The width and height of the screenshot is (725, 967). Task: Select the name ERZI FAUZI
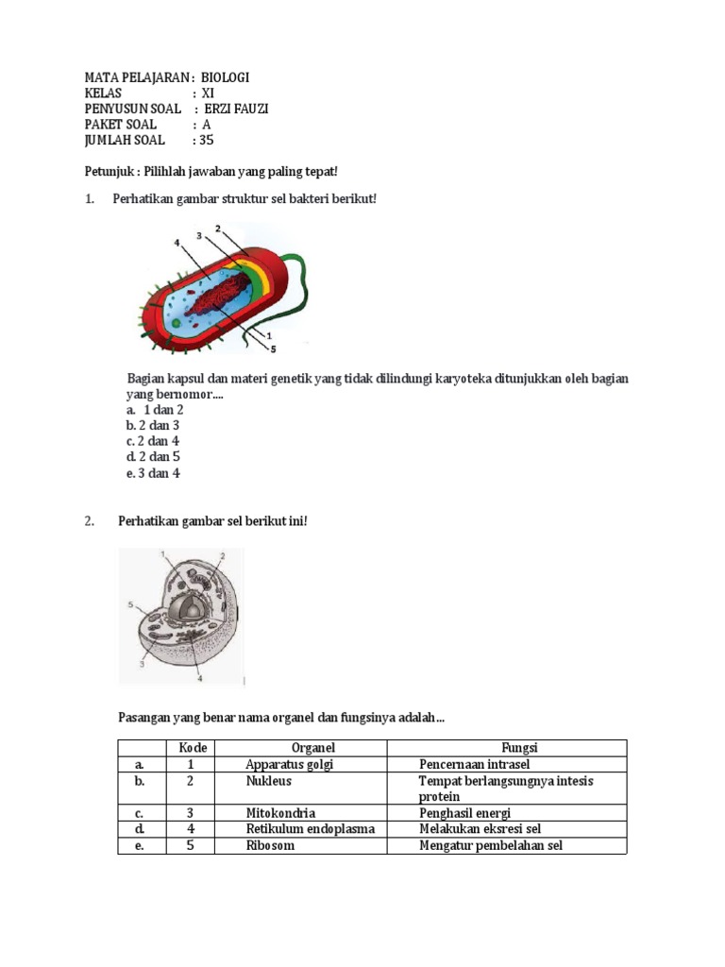point(236,109)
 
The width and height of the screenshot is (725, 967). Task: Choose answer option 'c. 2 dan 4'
point(153,441)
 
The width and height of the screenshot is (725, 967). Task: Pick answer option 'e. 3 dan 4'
point(153,473)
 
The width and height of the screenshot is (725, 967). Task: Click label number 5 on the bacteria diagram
point(274,348)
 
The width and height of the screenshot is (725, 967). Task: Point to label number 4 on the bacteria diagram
point(177,243)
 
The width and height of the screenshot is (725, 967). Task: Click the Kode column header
point(192,748)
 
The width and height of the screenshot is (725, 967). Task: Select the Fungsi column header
point(520,748)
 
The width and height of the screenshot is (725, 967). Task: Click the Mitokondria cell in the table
point(280,813)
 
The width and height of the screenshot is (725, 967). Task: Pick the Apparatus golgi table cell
point(290,764)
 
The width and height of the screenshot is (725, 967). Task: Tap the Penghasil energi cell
point(465,813)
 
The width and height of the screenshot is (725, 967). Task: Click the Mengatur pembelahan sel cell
point(491,845)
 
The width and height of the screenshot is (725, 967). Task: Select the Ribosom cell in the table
point(270,845)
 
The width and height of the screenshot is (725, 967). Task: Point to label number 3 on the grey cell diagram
point(141,665)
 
